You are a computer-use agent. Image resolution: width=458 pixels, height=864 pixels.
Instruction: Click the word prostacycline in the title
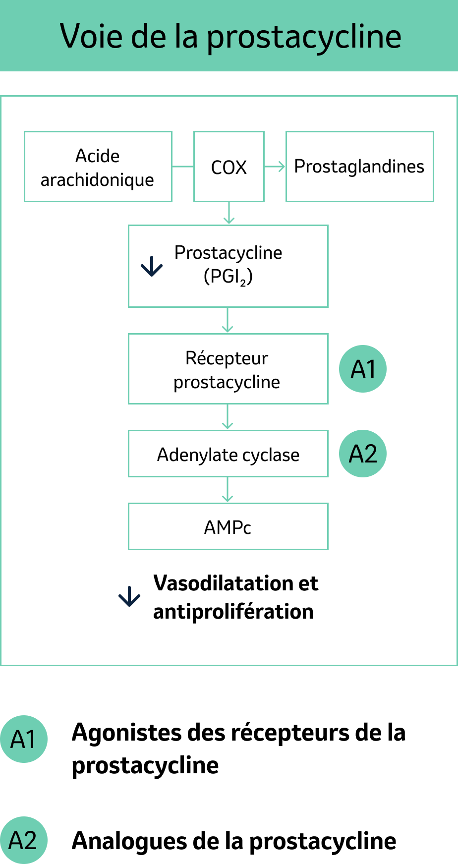point(303,37)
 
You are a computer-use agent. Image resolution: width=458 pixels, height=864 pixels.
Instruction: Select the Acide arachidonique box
point(98,167)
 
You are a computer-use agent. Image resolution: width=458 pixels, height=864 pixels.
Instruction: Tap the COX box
point(229,167)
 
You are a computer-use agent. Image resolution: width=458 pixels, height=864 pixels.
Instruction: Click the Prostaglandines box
point(359,167)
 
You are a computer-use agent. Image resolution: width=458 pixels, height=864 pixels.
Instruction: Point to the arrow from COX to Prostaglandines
point(275,167)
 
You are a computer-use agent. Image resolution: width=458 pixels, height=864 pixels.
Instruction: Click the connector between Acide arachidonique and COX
point(183,167)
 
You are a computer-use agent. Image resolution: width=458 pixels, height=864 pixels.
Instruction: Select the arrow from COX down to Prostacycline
point(229,214)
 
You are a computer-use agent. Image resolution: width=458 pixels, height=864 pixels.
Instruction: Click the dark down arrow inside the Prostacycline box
point(152,266)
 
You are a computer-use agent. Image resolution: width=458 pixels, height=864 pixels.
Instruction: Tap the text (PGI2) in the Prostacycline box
point(228,277)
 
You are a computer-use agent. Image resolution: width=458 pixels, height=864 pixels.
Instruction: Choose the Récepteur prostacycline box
point(228,369)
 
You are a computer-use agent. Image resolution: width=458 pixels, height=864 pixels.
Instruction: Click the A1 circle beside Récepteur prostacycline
point(363,369)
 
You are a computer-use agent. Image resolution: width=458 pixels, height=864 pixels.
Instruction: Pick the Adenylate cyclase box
point(228,454)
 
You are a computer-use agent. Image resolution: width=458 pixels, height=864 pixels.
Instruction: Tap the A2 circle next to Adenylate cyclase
point(363,454)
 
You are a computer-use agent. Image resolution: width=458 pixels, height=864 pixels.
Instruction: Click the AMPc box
point(228,527)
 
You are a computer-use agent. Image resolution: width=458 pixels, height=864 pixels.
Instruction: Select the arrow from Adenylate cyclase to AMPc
point(228,490)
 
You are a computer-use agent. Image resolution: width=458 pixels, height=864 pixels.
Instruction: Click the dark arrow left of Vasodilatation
point(129,596)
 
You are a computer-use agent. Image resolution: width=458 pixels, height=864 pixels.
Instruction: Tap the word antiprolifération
point(233,612)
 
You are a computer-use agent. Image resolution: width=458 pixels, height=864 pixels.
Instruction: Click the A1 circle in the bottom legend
point(23,739)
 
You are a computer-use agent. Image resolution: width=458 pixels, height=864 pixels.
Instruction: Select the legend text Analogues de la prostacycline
point(234,841)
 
